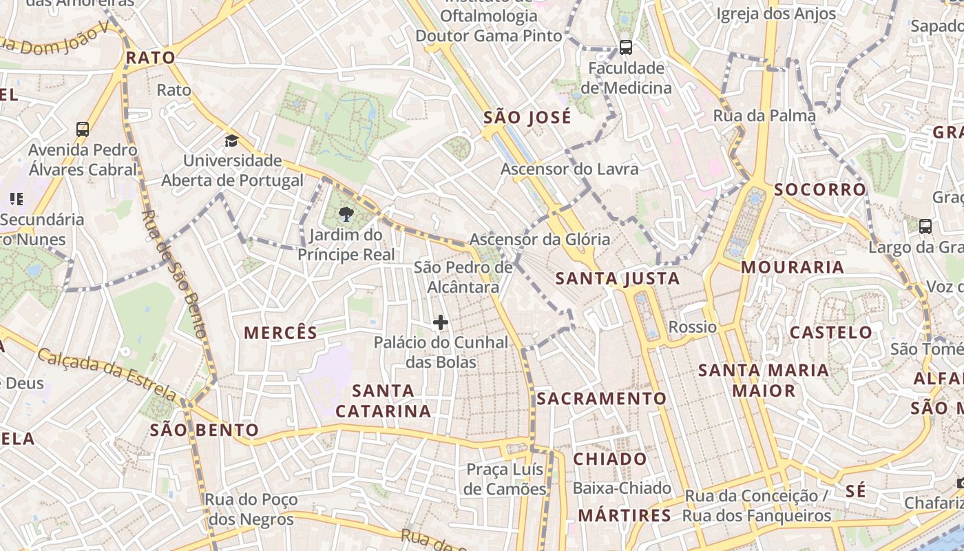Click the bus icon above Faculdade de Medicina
[x=625, y=48]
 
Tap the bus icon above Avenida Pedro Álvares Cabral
[x=83, y=129]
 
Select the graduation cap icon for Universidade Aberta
[x=231, y=141]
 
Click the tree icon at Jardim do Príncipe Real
[x=346, y=214]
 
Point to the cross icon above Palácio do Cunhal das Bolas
[x=441, y=322]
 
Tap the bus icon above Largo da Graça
[x=925, y=226]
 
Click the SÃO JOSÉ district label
[x=527, y=117]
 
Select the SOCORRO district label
[x=820, y=189]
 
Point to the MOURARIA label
[x=793, y=267]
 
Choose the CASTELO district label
[x=831, y=333]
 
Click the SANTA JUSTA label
[x=618, y=279]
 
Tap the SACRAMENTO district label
[x=602, y=399]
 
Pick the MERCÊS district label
[x=281, y=333]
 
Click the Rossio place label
[x=693, y=326]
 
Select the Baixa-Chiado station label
[x=622, y=488]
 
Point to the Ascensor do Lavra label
[x=569, y=169]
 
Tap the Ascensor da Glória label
[x=540, y=240]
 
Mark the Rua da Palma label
[x=764, y=116]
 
